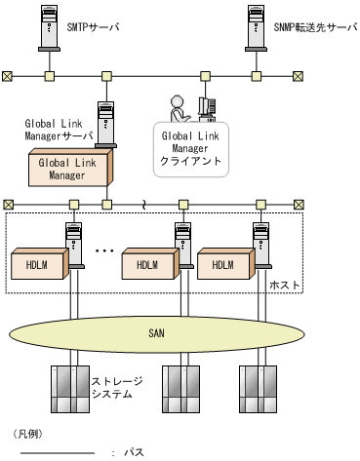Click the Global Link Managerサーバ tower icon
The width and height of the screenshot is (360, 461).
(x=108, y=126)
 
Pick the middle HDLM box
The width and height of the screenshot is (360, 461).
(x=147, y=265)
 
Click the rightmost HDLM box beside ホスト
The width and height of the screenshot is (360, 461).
(x=224, y=265)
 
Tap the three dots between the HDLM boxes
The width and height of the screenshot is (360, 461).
(x=106, y=251)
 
